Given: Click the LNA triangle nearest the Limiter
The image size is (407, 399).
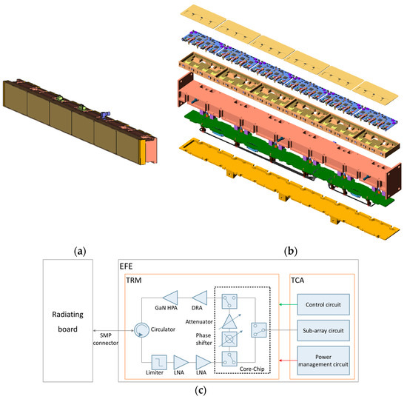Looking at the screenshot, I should coord(180,361).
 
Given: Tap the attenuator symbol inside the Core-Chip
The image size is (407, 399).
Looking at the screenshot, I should coord(232,321).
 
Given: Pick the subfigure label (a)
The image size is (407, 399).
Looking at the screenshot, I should coord(80,251).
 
